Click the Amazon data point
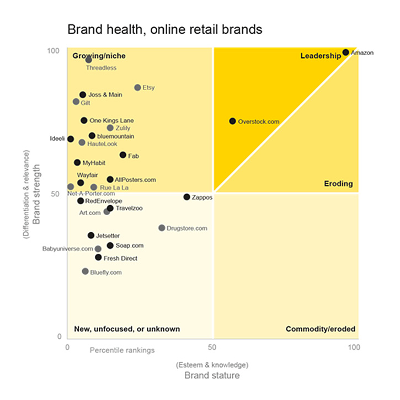pos(346,52)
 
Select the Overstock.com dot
pos(232,121)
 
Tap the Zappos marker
pos(186,197)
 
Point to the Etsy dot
pos(137,88)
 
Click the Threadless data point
pos(88,60)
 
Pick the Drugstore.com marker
pos(162,228)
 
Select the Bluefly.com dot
pos(85,271)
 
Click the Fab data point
pos(122,156)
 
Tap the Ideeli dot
pos(71,139)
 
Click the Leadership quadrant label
pos(321,56)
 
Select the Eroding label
pos(338,184)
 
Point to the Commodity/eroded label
pos(320,329)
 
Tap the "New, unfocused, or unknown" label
pos(127,329)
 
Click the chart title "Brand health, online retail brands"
pos(164,29)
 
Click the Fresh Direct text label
pos(120,258)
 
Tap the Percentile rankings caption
pos(122,350)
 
